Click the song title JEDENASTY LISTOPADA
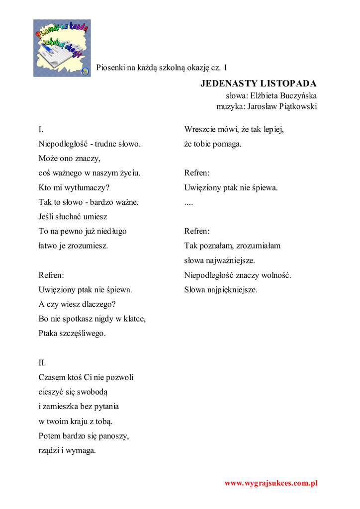click(x=259, y=83)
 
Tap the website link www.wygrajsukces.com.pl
click(x=271, y=483)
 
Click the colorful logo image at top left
click(x=62, y=48)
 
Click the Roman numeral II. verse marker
click(x=42, y=363)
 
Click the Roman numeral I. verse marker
click(x=41, y=130)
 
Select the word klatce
click(x=133, y=319)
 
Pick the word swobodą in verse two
click(x=96, y=392)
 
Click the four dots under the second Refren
click(x=188, y=203)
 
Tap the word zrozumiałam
click(x=258, y=246)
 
